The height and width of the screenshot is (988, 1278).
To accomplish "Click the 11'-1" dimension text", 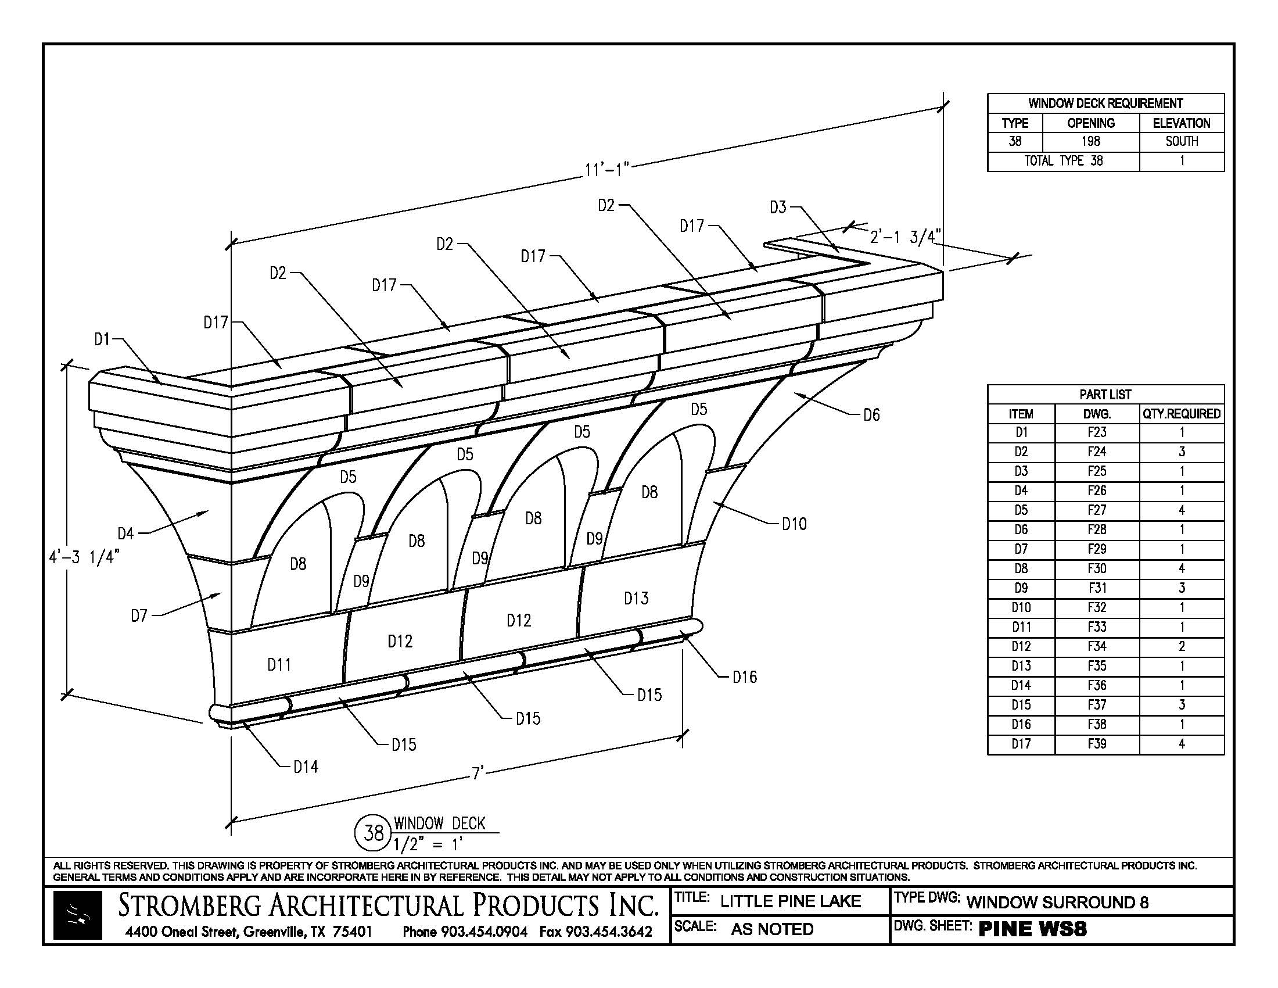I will tap(606, 170).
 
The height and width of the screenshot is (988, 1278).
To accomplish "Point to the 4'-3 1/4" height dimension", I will tap(84, 557).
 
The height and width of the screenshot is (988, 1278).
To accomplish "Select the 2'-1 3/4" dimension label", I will tap(904, 237).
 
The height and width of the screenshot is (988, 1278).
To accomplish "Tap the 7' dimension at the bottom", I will tap(478, 773).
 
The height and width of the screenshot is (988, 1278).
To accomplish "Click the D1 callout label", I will tap(102, 339).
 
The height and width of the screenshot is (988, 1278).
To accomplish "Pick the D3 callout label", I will tap(778, 207).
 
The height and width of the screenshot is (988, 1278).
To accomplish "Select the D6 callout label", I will tap(871, 415).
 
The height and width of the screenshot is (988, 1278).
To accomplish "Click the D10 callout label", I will tap(794, 524).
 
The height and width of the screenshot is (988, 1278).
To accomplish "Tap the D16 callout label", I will tap(744, 677).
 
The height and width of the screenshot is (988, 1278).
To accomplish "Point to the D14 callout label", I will tap(306, 767).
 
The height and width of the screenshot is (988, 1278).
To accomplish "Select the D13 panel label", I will tap(636, 598).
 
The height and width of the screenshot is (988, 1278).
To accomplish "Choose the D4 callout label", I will tap(126, 533).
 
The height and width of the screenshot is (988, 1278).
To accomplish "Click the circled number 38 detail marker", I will tap(374, 832).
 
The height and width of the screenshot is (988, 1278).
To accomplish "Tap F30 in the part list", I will tap(1097, 568).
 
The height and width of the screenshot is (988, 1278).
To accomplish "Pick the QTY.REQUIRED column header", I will tap(1181, 414).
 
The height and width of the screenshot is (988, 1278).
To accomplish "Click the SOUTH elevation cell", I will tap(1181, 141).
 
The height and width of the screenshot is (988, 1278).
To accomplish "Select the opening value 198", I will tap(1091, 141).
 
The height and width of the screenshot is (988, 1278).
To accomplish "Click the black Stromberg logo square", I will tap(78, 915).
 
